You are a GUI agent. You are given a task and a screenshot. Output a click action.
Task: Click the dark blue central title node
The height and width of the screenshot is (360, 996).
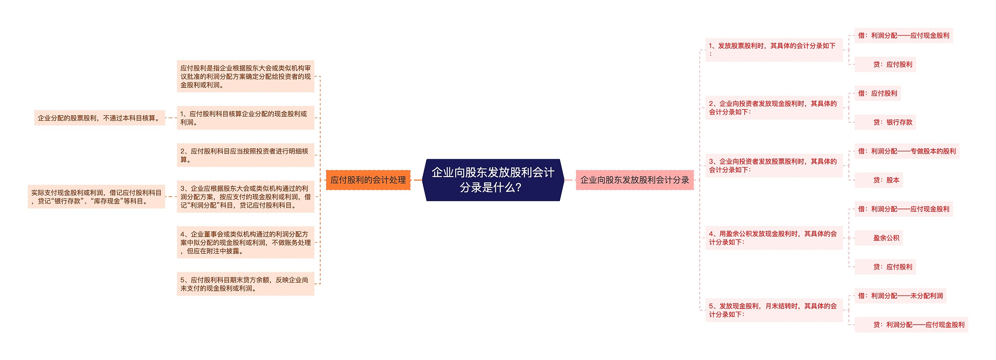[x=493, y=180]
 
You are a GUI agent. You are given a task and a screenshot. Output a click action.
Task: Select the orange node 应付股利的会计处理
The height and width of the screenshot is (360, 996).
[x=368, y=180]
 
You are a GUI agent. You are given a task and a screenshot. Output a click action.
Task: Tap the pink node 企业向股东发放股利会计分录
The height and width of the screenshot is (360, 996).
[x=634, y=180]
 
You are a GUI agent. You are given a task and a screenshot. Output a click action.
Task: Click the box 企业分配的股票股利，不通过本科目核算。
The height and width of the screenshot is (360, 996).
[x=100, y=118]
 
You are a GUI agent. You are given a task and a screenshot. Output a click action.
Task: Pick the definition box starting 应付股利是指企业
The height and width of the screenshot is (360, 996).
[x=245, y=76]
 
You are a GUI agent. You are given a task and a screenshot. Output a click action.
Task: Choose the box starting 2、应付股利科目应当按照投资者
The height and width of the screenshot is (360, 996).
[x=245, y=155]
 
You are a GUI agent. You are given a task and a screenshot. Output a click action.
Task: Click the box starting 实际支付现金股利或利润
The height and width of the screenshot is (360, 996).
[x=96, y=197]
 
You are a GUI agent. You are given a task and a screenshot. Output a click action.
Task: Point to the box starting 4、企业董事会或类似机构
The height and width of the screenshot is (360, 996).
[x=245, y=242]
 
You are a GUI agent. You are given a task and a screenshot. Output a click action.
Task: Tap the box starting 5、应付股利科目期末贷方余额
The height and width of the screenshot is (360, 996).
[x=245, y=284]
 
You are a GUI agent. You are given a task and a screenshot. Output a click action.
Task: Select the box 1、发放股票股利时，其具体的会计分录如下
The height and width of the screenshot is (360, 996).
[x=773, y=49]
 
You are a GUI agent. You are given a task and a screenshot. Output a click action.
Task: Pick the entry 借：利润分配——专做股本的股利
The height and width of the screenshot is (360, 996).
[x=907, y=151]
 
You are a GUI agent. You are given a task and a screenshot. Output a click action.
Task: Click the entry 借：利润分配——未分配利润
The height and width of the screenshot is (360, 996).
[x=900, y=296]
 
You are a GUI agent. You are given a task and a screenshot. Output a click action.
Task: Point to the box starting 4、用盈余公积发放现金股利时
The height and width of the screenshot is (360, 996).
[x=773, y=238]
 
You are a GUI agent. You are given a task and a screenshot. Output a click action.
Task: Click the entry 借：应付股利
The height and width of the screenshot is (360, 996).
[x=877, y=93]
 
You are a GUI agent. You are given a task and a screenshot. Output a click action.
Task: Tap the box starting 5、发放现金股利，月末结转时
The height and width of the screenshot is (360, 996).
[x=773, y=310]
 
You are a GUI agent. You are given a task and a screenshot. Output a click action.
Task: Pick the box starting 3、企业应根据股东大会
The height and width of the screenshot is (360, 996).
[x=245, y=197]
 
